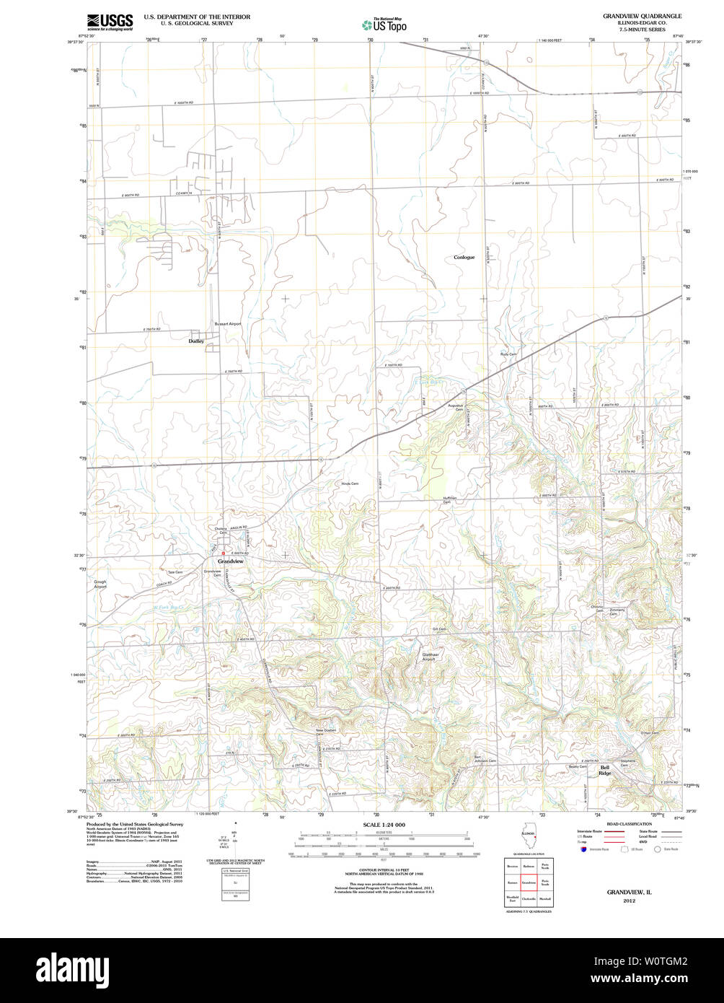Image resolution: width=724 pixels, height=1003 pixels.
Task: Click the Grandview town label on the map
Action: [x=231, y=561]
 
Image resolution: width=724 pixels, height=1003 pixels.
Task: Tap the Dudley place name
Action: [x=196, y=341]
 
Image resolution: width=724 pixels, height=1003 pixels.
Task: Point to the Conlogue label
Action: [x=464, y=257]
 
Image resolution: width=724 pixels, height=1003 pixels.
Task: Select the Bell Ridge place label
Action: [x=605, y=770]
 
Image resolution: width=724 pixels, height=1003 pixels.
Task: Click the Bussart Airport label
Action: [x=228, y=324]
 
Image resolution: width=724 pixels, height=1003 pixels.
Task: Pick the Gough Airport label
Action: [x=100, y=584]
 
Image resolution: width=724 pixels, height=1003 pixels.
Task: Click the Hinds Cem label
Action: [x=350, y=483]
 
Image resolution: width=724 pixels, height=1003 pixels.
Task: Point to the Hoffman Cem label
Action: [x=450, y=499]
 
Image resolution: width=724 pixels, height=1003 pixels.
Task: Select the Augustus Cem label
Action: [x=454, y=407]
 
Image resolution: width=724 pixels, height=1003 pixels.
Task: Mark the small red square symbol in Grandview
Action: [x=224, y=553]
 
